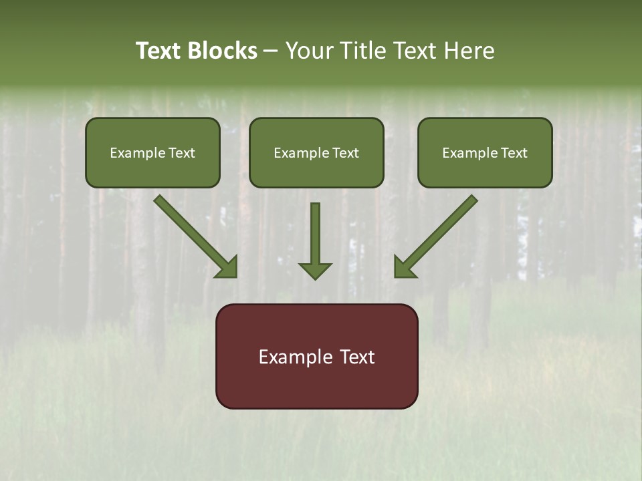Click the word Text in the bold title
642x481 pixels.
158,51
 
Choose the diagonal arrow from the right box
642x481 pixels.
441,230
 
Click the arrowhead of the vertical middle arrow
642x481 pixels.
315,270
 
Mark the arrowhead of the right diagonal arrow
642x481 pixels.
403,267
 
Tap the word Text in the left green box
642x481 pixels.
181,153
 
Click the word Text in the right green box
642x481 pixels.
514,153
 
